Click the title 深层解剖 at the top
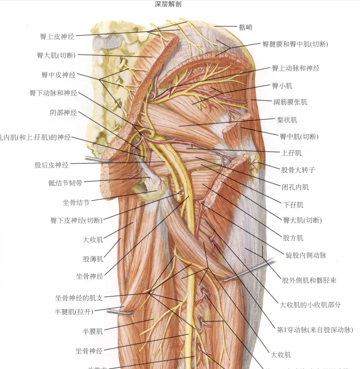coord(168,4)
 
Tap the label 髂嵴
coord(245,27)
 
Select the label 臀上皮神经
coord(57,37)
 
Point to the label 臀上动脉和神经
coord(295,68)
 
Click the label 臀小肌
coord(282,86)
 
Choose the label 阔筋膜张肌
coord(290,102)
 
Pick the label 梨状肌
coord(287,120)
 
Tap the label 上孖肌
coord(291,153)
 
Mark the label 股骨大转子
coord(298,170)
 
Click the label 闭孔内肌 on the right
coord(295,187)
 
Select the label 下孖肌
coord(293,204)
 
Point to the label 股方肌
coord(293,237)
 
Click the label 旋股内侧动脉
coord(306,255)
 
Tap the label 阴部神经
coord(61,113)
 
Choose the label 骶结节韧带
coord(65,183)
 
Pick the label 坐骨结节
coord(74,201)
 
